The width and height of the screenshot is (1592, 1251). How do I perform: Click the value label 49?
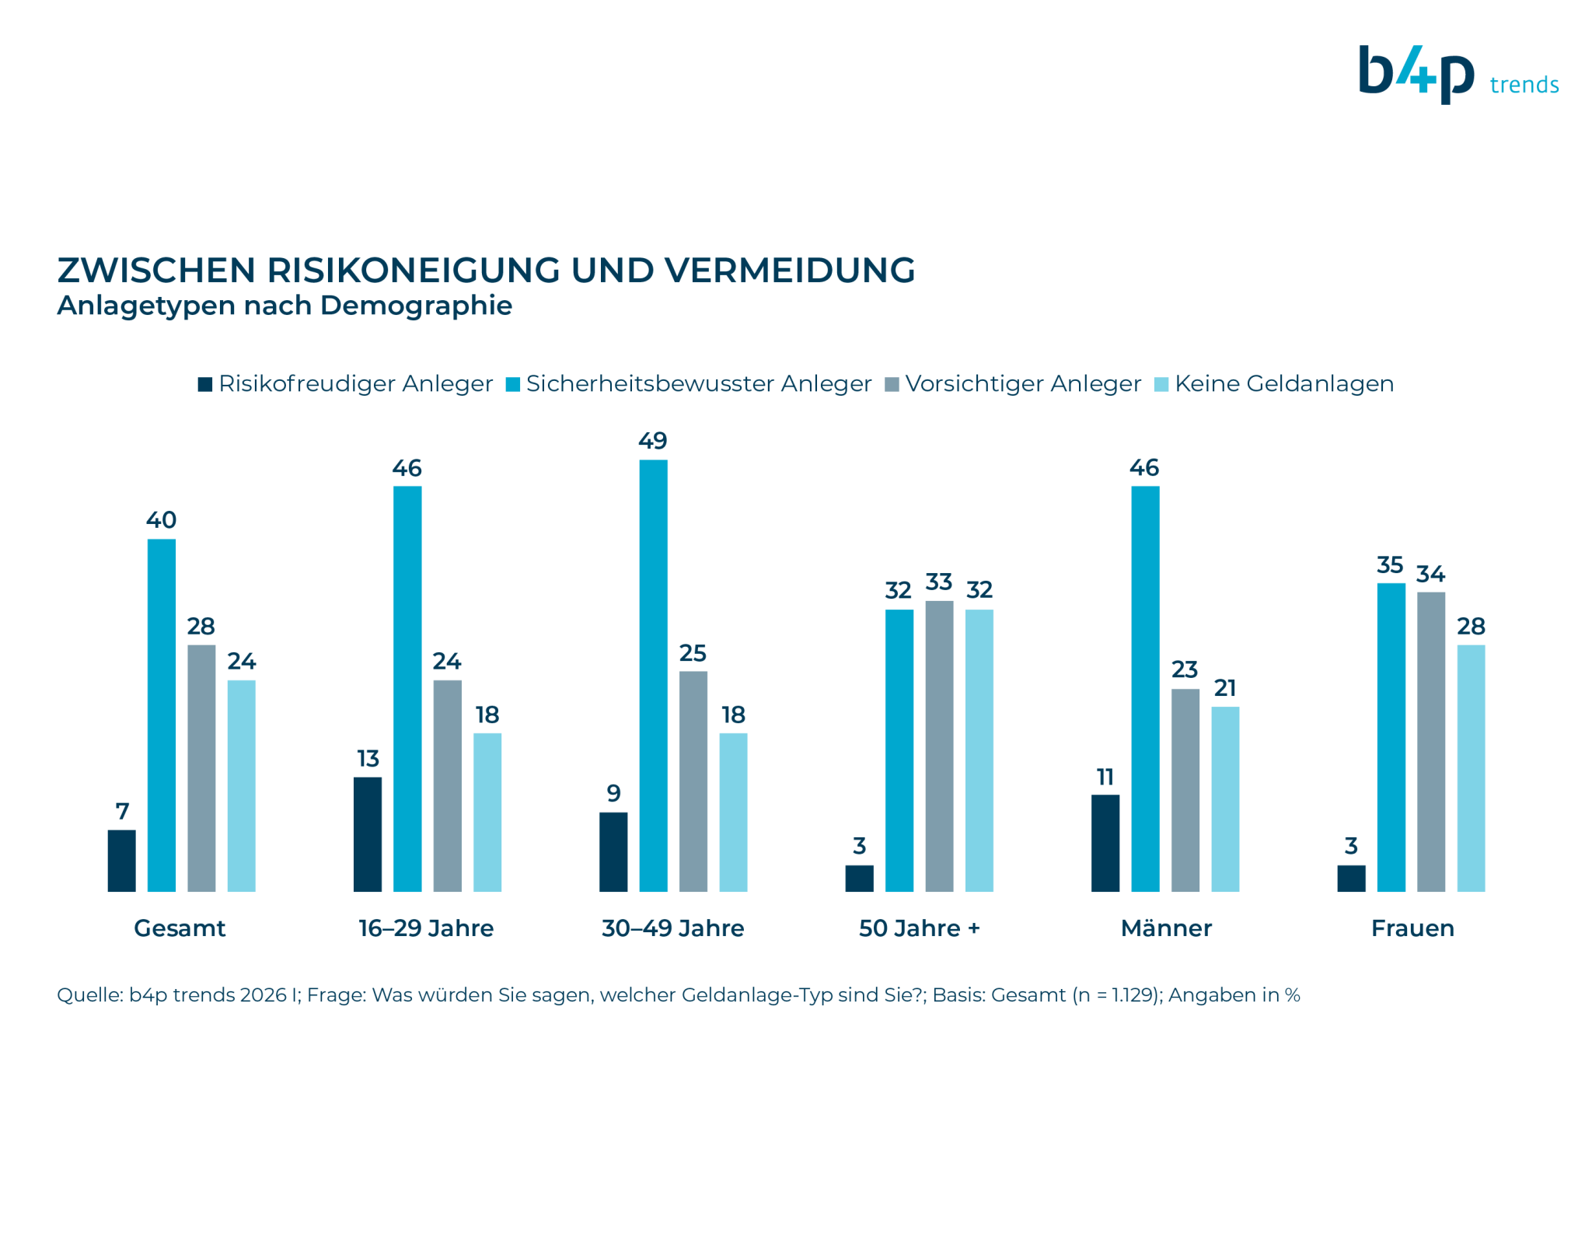click(x=653, y=441)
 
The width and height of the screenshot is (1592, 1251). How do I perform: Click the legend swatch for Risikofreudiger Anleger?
click(x=205, y=384)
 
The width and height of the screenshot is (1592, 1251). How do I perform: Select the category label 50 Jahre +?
click(x=919, y=928)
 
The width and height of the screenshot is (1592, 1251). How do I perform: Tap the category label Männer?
click(x=1166, y=928)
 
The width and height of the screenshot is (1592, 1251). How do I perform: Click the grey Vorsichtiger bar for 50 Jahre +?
click(x=939, y=746)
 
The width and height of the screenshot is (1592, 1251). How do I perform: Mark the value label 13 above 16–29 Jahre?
click(x=368, y=758)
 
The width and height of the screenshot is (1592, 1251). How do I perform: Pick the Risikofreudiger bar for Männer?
click(x=1105, y=843)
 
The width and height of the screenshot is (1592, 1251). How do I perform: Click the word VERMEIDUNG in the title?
click(x=790, y=270)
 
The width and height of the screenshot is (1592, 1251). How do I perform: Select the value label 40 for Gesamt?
click(x=161, y=519)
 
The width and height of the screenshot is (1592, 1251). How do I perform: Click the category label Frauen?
click(x=1412, y=928)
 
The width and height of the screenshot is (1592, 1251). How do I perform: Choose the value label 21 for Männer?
click(x=1225, y=687)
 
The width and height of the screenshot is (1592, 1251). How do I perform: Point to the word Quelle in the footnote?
click(x=89, y=995)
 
